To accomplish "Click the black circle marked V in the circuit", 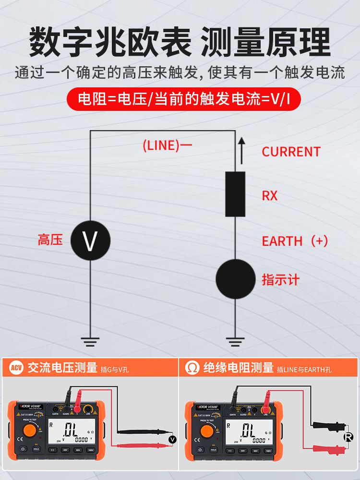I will point(90,241).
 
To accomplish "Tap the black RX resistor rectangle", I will point(235,194).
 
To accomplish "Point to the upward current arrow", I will point(241,150).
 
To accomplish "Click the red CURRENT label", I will point(291,152).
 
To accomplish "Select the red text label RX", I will point(269,196).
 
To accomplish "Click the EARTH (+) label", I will point(295,241).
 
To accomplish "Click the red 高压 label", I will point(50,240).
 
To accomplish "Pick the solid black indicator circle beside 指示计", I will point(235,279).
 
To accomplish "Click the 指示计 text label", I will point(280,279).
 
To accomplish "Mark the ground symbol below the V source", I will point(90,342).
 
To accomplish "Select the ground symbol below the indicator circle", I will point(235,342).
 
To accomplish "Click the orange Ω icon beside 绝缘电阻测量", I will point(192,368).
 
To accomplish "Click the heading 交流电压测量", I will point(62,368).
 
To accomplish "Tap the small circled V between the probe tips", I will point(173,439).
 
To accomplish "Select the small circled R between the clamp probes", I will point(349,437).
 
